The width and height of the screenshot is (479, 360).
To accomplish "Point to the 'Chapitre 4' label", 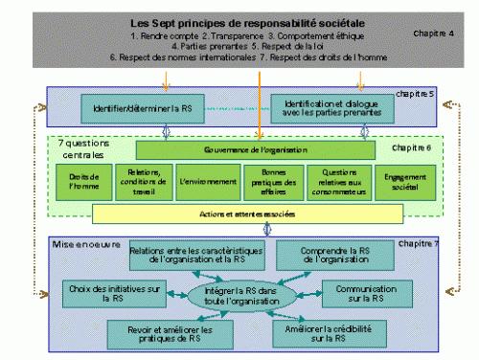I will (434, 33).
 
